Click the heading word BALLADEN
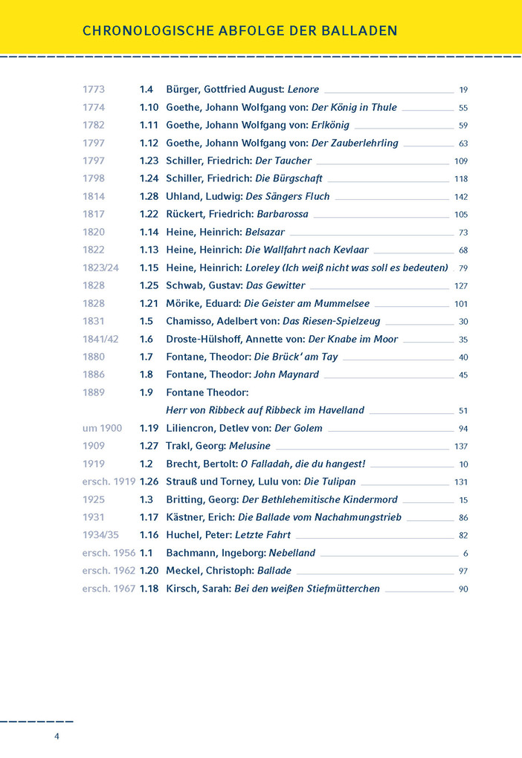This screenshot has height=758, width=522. pyautogui.click(x=359, y=30)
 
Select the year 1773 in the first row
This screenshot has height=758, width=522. pyautogui.click(x=94, y=89)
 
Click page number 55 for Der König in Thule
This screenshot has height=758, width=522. pyautogui.click(x=463, y=108)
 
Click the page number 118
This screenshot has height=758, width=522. pyautogui.click(x=461, y=179)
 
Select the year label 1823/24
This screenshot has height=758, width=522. pyautogui.click(x=100, y=268)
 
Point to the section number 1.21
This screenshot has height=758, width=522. pyautogui.click(x=149, y=303)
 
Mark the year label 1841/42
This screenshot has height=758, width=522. pyautogui.click(x=100, y=339)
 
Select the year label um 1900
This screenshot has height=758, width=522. pyautogui.click(x=101, y=428)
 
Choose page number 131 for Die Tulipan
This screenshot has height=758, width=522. pyautogui.click(x=461, y=482)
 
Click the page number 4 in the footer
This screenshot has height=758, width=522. pyautogui.click(x=57, y=736)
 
